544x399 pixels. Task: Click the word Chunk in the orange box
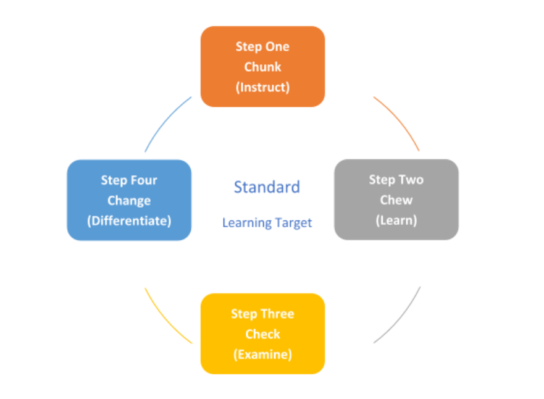pos(262,67)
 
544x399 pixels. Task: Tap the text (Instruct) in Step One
pos(262,87)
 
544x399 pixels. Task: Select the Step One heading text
pos(262,46)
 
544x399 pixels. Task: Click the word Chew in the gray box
pos(396,200)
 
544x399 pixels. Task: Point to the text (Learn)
pos(396,220)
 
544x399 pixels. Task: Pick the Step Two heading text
pos(396,180)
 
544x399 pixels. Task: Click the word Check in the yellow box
pos(262,334)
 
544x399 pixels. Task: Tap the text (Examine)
pos(262,355)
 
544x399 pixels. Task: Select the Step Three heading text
pos(262,314)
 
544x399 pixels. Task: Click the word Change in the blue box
pos(129,201)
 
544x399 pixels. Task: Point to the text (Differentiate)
pos(129,220)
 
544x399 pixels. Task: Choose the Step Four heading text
pos(129,180)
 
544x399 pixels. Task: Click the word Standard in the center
pos(267,187)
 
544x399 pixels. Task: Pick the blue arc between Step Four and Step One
pos(165,122)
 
